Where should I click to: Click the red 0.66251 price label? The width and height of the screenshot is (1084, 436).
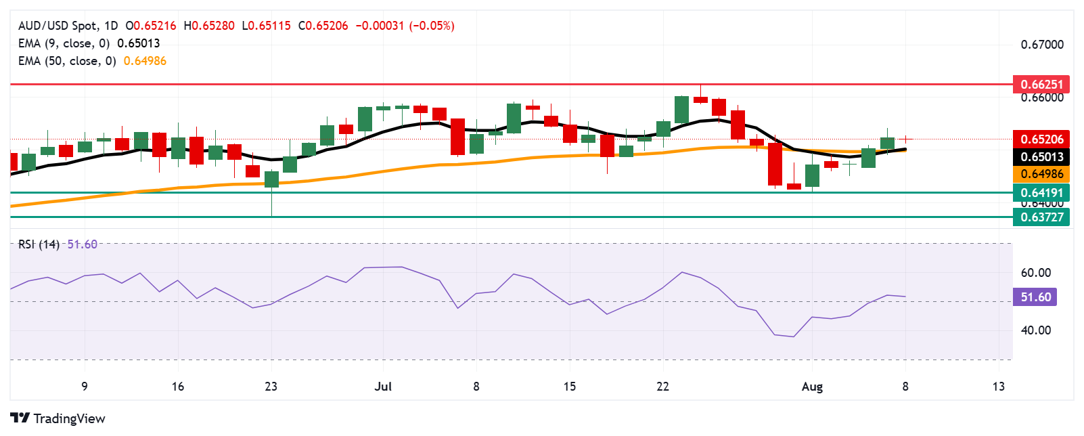[1041, 85]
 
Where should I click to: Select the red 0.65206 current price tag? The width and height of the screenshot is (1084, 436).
[1041, 139]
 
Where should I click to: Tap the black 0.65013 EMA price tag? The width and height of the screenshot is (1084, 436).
[1041, 156]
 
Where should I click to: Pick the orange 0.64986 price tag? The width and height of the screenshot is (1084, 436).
[1041, 174]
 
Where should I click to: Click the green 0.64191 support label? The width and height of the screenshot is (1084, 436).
[1041, 193]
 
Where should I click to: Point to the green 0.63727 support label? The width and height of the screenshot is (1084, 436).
[1041, 217]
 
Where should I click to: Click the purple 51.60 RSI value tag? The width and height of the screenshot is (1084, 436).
[1035, 297]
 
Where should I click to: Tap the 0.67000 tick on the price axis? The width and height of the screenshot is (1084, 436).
[1042, 45]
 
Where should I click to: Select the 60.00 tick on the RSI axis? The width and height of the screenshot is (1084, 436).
[1035, 273]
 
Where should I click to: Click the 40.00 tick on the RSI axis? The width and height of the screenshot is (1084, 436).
[1035, 330]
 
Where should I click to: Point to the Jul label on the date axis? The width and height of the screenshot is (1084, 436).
[383, 387]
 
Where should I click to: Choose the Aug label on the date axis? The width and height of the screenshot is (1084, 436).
[812, 387]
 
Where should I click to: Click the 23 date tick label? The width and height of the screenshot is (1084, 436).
[271, 387]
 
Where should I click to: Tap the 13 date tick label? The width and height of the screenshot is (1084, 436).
[998, 387]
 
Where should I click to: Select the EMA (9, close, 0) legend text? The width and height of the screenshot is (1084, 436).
[64, 43]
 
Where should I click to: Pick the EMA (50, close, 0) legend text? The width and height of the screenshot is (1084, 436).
[66, 61]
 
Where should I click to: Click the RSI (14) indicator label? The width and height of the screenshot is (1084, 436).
[39, 244]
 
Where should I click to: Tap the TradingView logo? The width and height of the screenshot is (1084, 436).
[58, 418]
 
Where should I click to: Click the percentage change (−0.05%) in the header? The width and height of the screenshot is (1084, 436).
[432, 26]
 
